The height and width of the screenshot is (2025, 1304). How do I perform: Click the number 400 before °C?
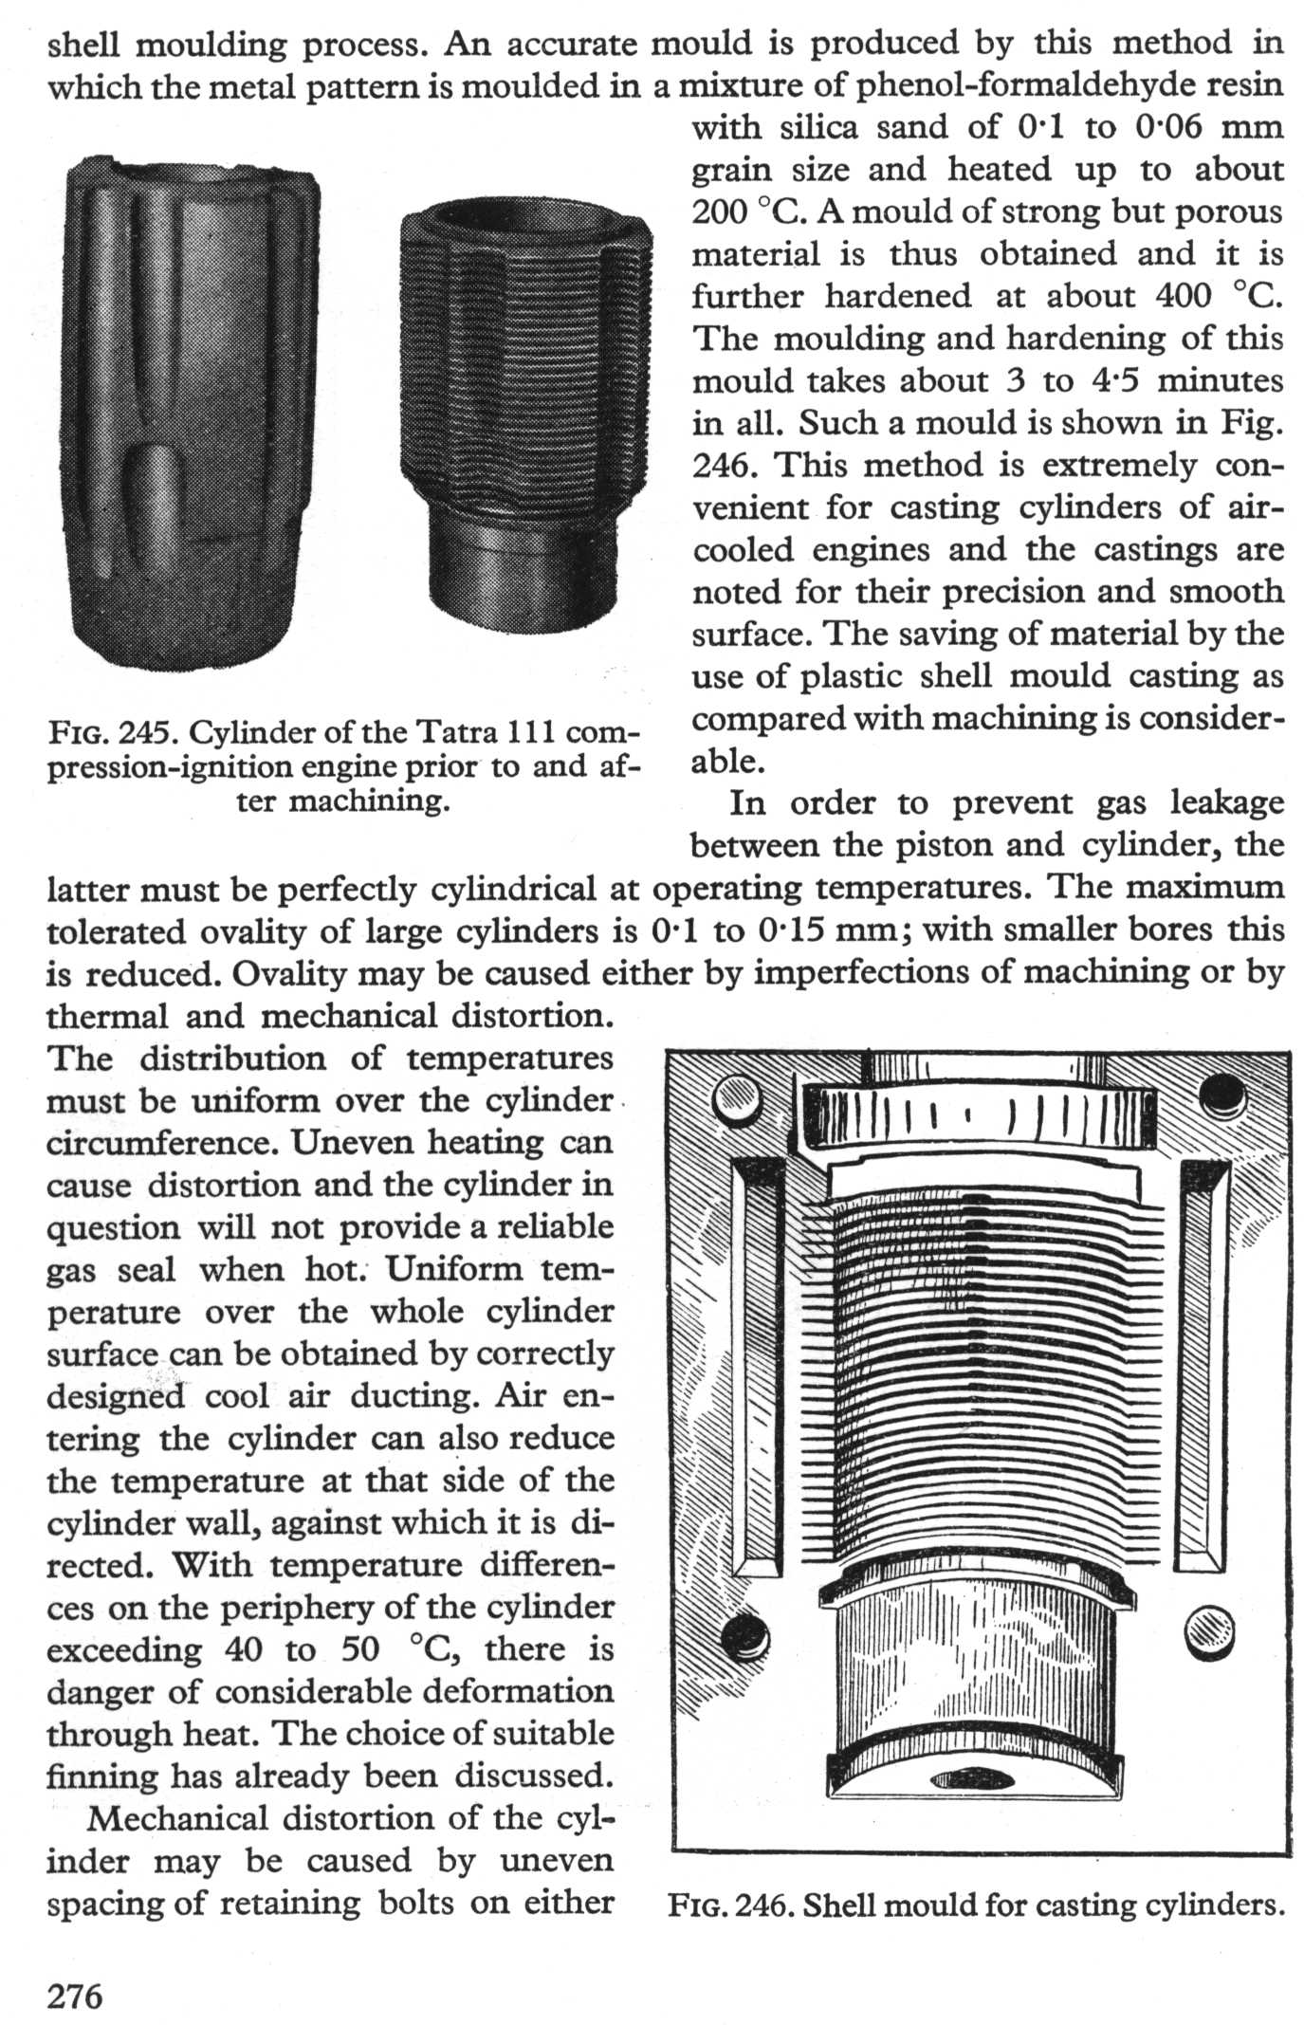point(1184,296)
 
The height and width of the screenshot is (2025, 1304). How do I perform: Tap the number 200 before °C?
point(721,212)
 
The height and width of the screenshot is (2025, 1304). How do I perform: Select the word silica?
point(821,127)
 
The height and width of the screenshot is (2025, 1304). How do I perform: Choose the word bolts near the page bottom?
point(423,1902)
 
